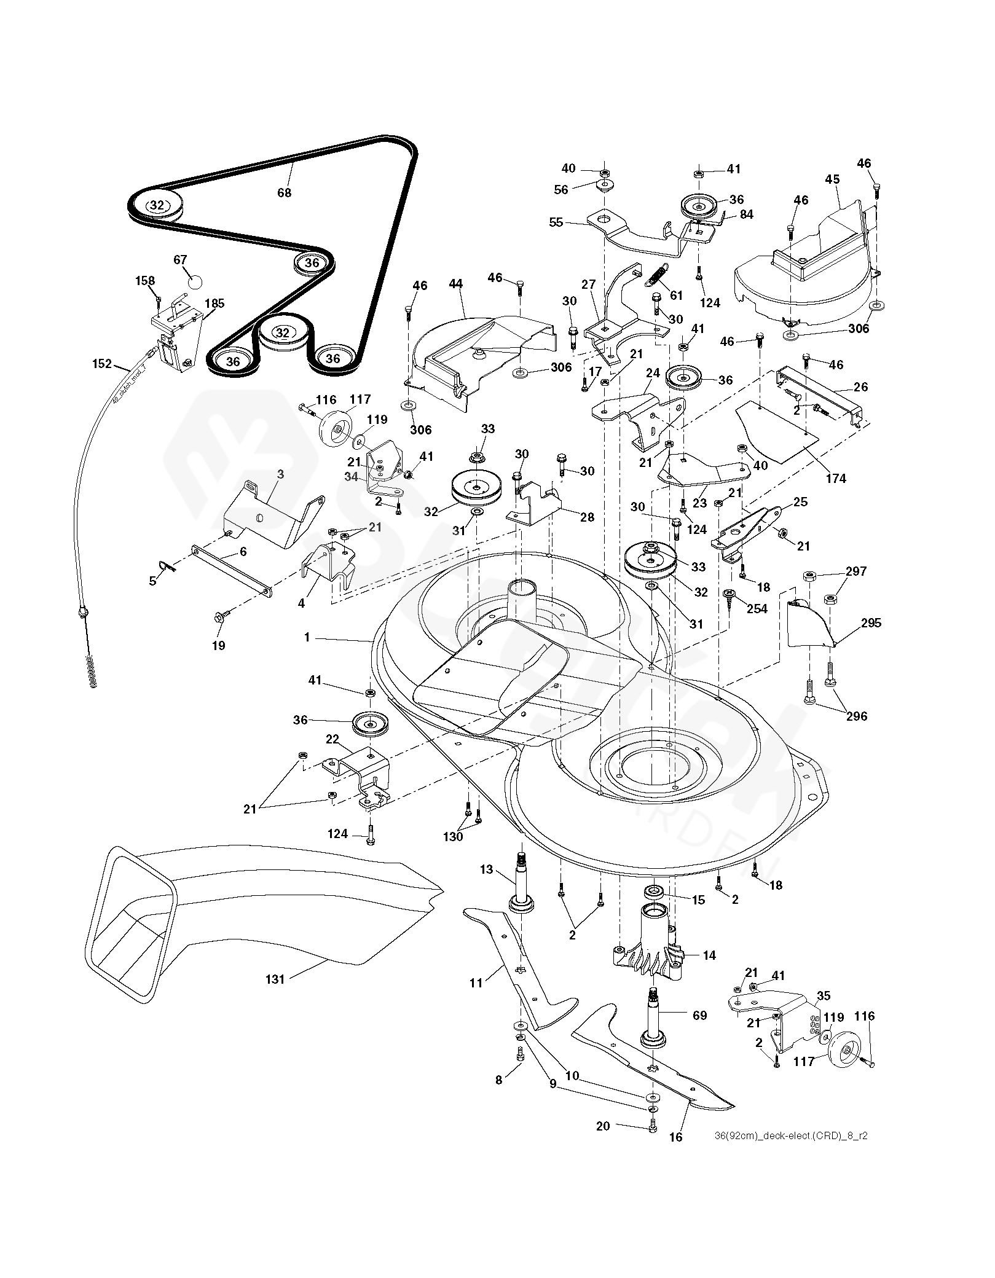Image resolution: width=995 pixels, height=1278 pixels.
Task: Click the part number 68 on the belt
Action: (284, 192)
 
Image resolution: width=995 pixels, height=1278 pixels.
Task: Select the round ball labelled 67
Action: (195, 282)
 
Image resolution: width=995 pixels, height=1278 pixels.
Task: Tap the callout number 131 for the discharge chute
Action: (275, 979)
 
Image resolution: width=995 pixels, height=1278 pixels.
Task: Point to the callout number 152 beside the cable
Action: (102, 364)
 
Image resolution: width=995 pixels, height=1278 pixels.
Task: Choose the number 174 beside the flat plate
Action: (836, 479)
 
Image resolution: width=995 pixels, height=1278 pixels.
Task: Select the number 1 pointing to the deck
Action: (307, 638)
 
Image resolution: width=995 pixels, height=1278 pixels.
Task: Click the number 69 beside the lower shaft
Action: (699, 1016)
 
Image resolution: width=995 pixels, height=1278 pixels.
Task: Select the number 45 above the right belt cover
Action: (832, 179)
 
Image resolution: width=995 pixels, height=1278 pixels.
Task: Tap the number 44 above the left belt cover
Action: (455, 284)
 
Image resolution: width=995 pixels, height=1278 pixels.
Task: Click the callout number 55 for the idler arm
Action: (556, 223)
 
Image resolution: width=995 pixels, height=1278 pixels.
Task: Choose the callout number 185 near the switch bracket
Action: (214, 303)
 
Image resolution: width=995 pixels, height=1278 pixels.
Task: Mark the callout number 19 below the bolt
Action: (219, 645)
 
